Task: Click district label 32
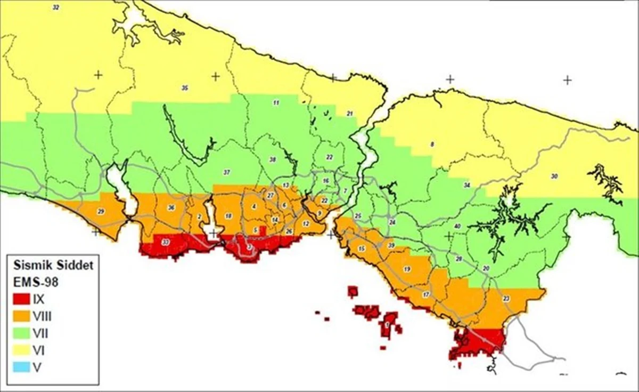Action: [56, 7]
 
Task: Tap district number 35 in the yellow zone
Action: [185, 88]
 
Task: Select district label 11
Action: [276, 102]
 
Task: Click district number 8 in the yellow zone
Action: [432, 145]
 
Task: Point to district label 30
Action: [554, 177]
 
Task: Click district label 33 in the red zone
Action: [166, 243]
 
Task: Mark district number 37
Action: [226, 172]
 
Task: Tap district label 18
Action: [228, 216]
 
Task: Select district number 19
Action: [407, 269]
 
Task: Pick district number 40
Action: [457, 226]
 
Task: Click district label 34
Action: [467, 186]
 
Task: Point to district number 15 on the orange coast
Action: [362, 249]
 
